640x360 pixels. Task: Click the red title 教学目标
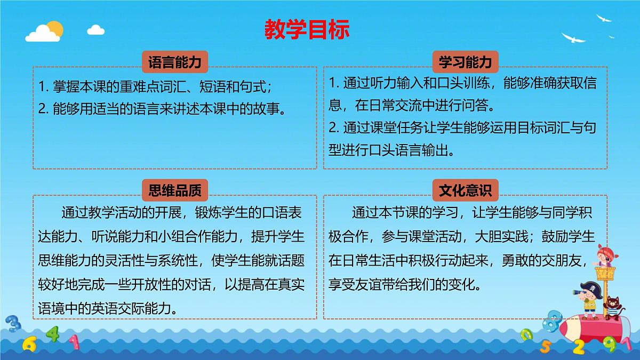307,30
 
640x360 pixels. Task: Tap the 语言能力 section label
175,62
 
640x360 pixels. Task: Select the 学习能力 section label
465,62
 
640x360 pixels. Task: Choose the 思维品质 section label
175,190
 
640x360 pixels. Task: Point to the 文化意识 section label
465,190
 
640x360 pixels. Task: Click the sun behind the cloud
53,28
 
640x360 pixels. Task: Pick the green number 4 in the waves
52,334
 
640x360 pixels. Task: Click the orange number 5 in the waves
546,346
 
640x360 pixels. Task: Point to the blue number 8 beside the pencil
555,321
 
